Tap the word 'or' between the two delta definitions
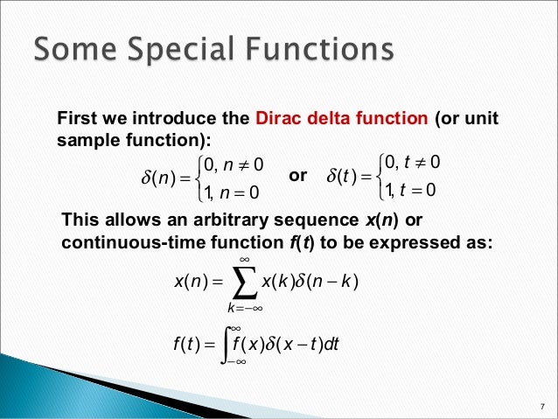[x=298, y=176]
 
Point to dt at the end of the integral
[x=333, y=342]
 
